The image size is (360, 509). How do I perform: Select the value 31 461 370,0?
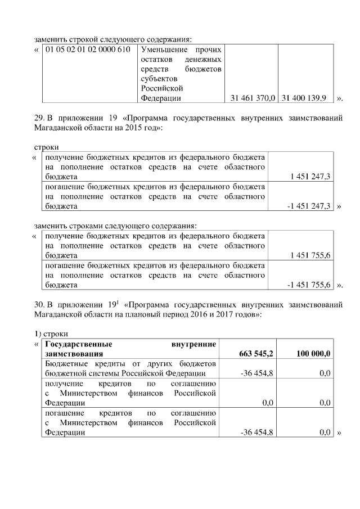pos(253,98)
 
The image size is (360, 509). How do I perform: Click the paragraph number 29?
pos(39,118)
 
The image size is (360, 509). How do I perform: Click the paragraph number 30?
pos(39,305)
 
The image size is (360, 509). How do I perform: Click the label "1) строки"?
pos(51,334)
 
